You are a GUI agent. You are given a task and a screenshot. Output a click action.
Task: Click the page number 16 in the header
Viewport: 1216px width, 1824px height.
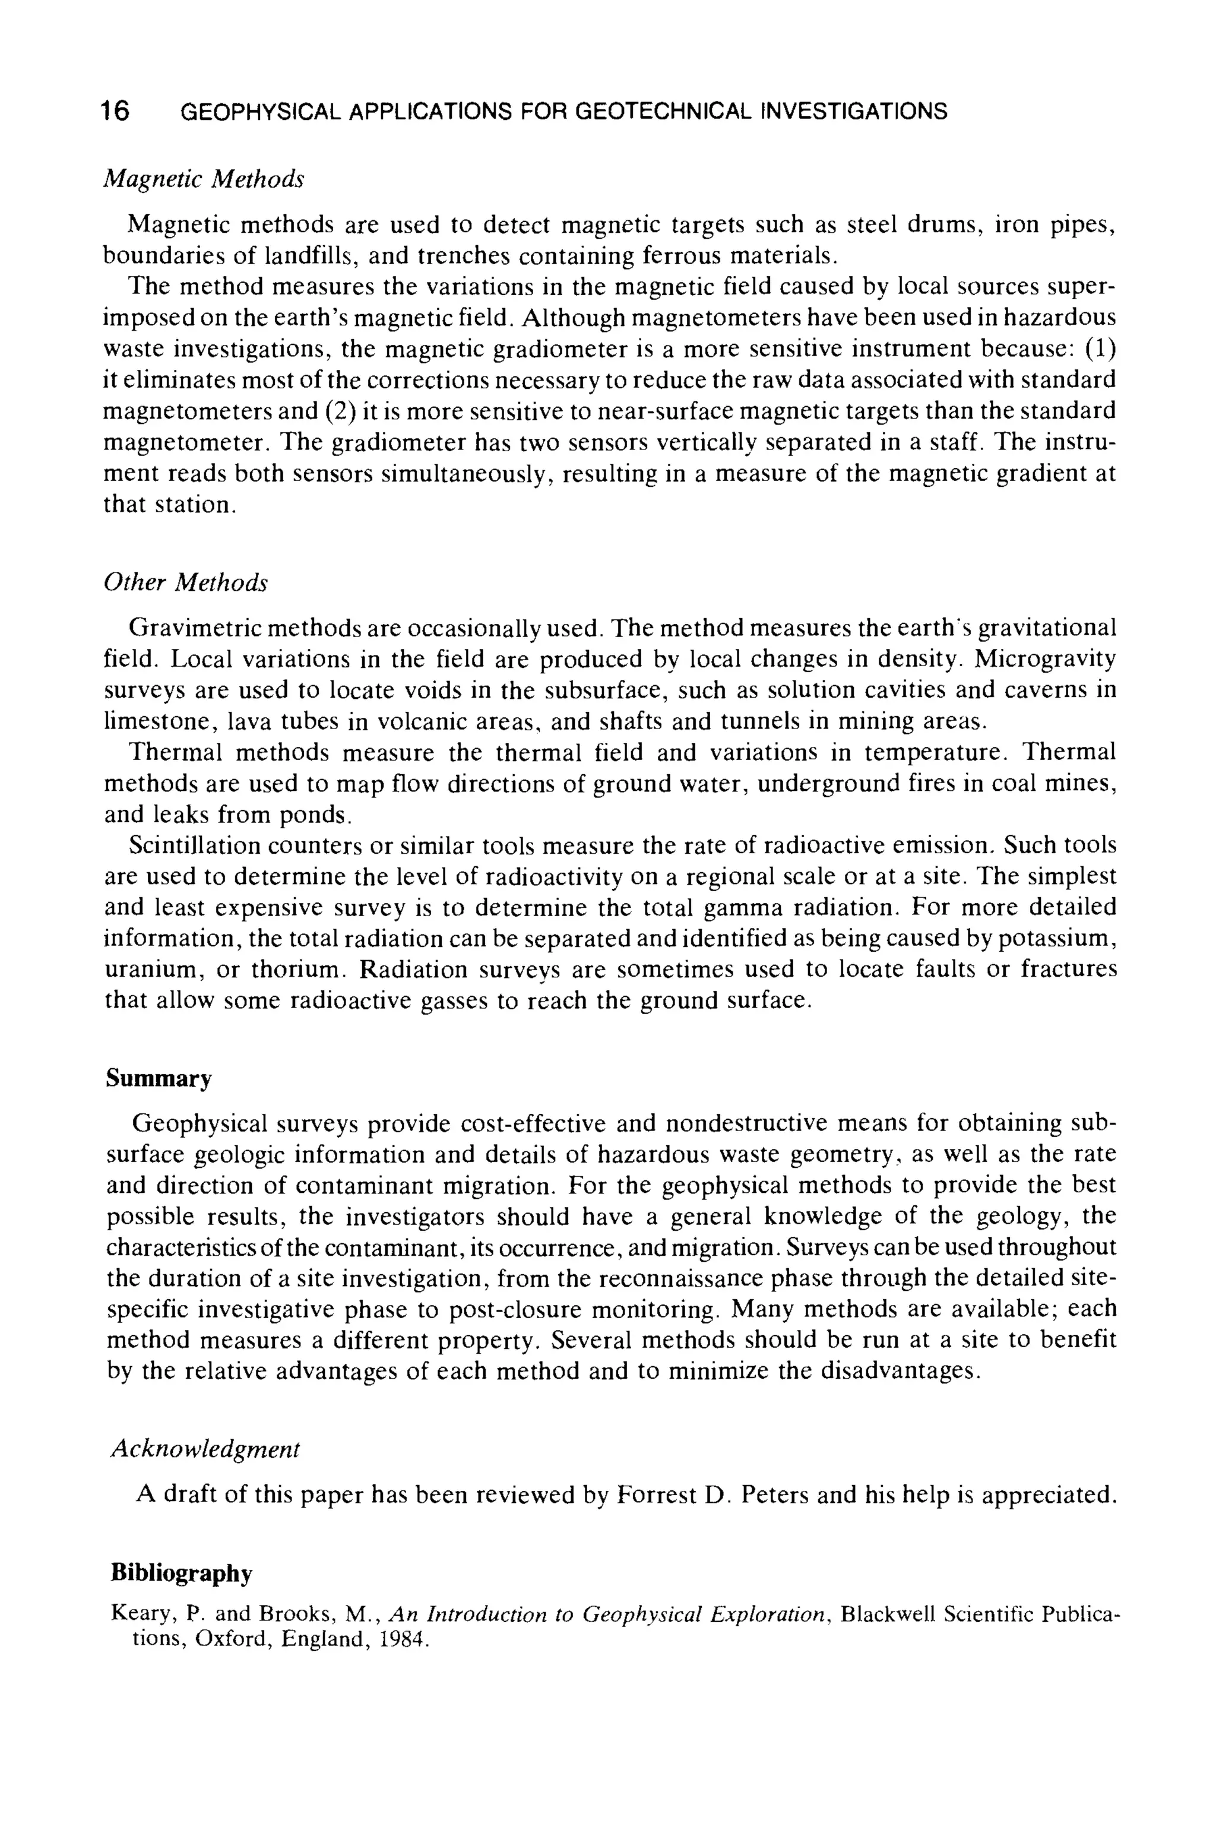116,111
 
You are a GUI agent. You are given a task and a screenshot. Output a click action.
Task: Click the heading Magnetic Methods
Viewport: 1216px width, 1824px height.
204,179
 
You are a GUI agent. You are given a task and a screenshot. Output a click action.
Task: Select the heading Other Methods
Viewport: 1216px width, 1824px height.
185,582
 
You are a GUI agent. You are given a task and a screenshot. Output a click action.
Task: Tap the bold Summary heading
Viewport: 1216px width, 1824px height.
159,1079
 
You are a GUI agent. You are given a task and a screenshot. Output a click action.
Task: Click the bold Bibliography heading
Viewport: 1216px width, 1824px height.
182,1573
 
